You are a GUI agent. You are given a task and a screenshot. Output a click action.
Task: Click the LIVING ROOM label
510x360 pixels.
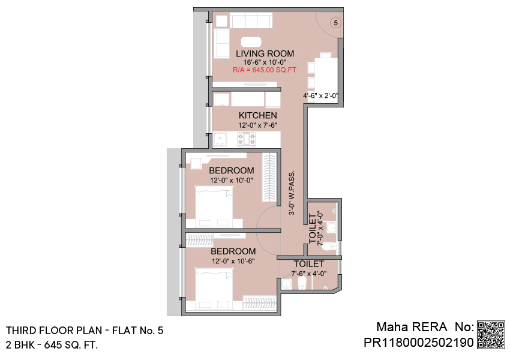[x=265, y=53]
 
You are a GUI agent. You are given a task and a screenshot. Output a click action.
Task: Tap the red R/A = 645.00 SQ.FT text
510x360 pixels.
[x=265, y=70]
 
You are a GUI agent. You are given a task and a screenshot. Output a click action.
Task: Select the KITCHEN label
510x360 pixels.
[x=257, y=115]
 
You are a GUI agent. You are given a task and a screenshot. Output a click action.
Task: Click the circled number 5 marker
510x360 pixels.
[x=335, y=23]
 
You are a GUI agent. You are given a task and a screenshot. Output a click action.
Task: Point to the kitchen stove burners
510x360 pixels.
[x=247, y=139]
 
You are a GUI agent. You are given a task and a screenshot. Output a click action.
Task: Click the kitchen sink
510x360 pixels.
[x=220, y=139]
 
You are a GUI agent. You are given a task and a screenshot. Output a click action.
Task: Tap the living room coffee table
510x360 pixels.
[x=251, y=42]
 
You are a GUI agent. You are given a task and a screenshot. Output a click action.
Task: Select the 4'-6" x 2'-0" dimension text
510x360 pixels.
[x=321, y=95]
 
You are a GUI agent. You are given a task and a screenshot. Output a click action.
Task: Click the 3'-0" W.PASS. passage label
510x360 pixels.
[x=292, y=193]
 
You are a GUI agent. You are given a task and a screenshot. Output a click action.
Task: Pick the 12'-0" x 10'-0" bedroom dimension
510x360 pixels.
[x=231, y=180]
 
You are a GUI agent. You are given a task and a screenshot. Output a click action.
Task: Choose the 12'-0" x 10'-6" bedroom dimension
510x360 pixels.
[x=233, y=261]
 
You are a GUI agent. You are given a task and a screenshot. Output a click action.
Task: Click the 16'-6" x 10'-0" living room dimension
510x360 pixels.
[x=265, y=62]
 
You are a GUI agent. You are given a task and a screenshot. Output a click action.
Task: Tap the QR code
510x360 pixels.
[x=491, y=335]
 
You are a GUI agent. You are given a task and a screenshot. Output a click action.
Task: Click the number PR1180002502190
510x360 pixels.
[x=419, y=343]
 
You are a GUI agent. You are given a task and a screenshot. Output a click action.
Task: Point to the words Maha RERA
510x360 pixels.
[x=412, y=327]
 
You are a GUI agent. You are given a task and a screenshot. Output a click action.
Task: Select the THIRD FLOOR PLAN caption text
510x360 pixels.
[x=54, y=331]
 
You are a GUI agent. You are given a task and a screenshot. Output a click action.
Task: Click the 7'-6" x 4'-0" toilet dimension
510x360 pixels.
[x=308, y=274]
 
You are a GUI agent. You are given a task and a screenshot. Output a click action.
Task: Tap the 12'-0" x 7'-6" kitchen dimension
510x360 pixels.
[x=257, y=125]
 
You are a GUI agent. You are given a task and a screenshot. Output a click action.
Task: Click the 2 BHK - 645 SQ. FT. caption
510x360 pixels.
[x=52, y=345]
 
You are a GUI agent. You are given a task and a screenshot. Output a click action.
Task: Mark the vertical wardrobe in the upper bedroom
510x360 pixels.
[x=269, y=177]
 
